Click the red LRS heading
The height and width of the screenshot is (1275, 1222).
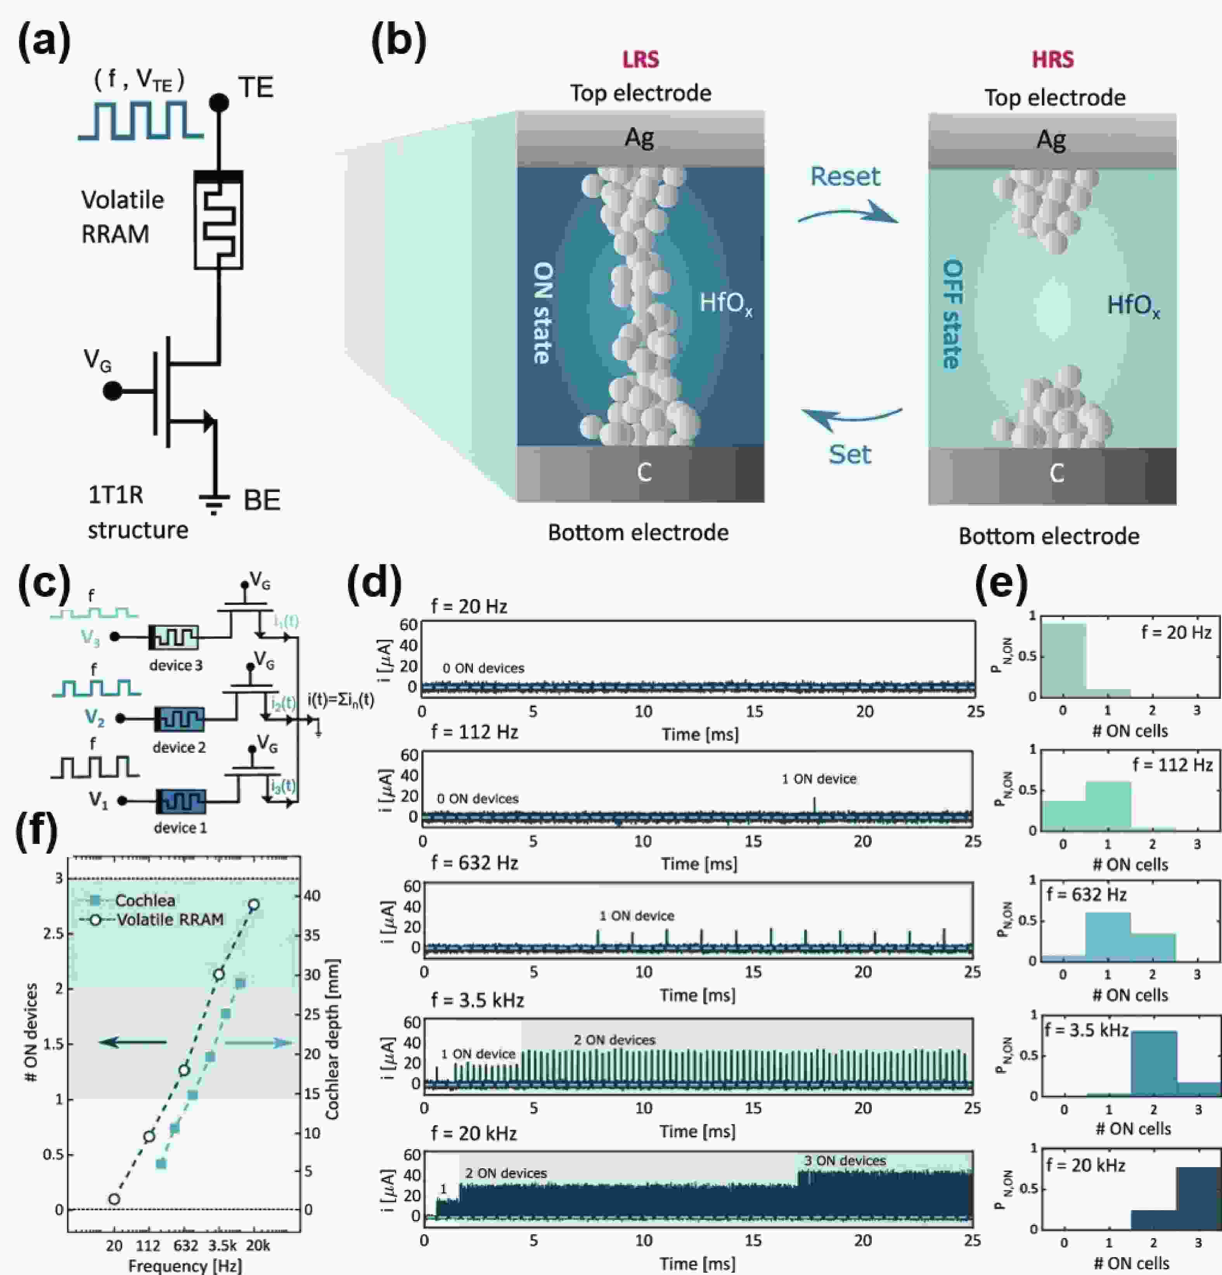tap(640, 60)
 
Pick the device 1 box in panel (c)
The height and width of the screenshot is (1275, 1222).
tap(181, 801)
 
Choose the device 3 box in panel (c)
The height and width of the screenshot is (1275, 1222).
tap(174, 637)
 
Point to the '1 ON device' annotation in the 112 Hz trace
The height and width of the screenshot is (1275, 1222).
tap(819, 779)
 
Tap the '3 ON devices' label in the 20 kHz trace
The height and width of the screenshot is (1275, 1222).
tap(845, 1161)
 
